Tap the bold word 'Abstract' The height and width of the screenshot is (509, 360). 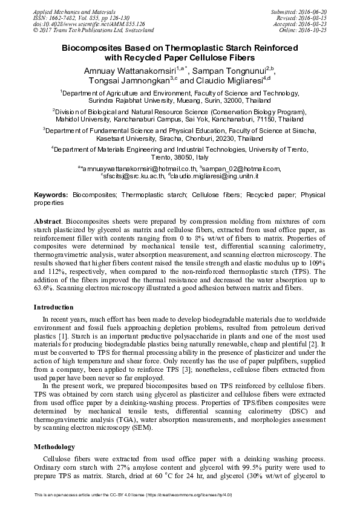(47, 222)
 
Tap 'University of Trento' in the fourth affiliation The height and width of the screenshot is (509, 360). (278, 148)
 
